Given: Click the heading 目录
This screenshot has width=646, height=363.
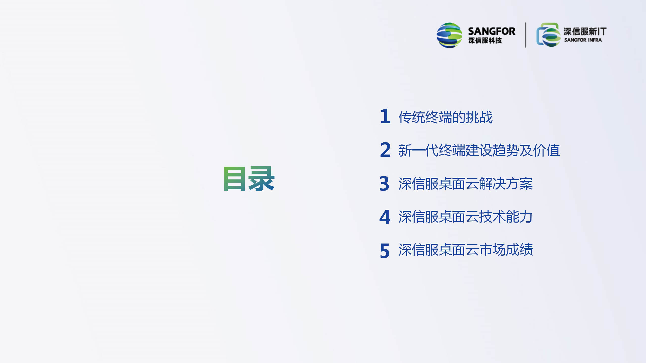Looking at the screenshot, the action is click(x=249, y=179).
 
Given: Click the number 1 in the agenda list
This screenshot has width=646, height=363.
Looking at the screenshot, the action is click(x=386, y=116).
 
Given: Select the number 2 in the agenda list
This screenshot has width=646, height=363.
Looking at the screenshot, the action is click(x=385, y=150).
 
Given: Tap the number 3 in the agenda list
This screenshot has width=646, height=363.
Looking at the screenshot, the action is click(x=385, y=183).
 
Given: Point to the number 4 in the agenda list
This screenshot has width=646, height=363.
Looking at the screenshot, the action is click(x=385, y=217).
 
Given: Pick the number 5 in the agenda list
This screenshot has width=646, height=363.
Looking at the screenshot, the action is click(x=385, y=251).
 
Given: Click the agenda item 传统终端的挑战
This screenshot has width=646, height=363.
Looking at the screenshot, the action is click(x=446, y=117).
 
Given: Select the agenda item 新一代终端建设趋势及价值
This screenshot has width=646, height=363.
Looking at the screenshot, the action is click(x=479, y=150).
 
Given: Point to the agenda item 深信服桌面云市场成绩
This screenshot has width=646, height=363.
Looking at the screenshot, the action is click(x=466, y=250).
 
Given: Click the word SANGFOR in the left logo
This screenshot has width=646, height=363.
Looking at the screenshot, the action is click(x=492, y=31).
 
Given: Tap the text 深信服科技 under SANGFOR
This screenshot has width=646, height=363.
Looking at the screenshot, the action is click(x=485, y=41).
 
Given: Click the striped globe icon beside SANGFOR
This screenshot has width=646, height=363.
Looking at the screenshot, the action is click(x=449, y=35).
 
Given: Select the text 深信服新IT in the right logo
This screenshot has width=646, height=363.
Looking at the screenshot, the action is click(x=585, y=32).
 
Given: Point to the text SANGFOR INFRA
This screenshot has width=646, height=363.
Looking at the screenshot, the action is click(x=583, y=40).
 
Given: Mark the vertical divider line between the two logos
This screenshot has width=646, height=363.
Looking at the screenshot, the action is click(x=526, y=35).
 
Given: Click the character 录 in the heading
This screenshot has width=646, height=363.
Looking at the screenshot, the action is click(x=261, y=179).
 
